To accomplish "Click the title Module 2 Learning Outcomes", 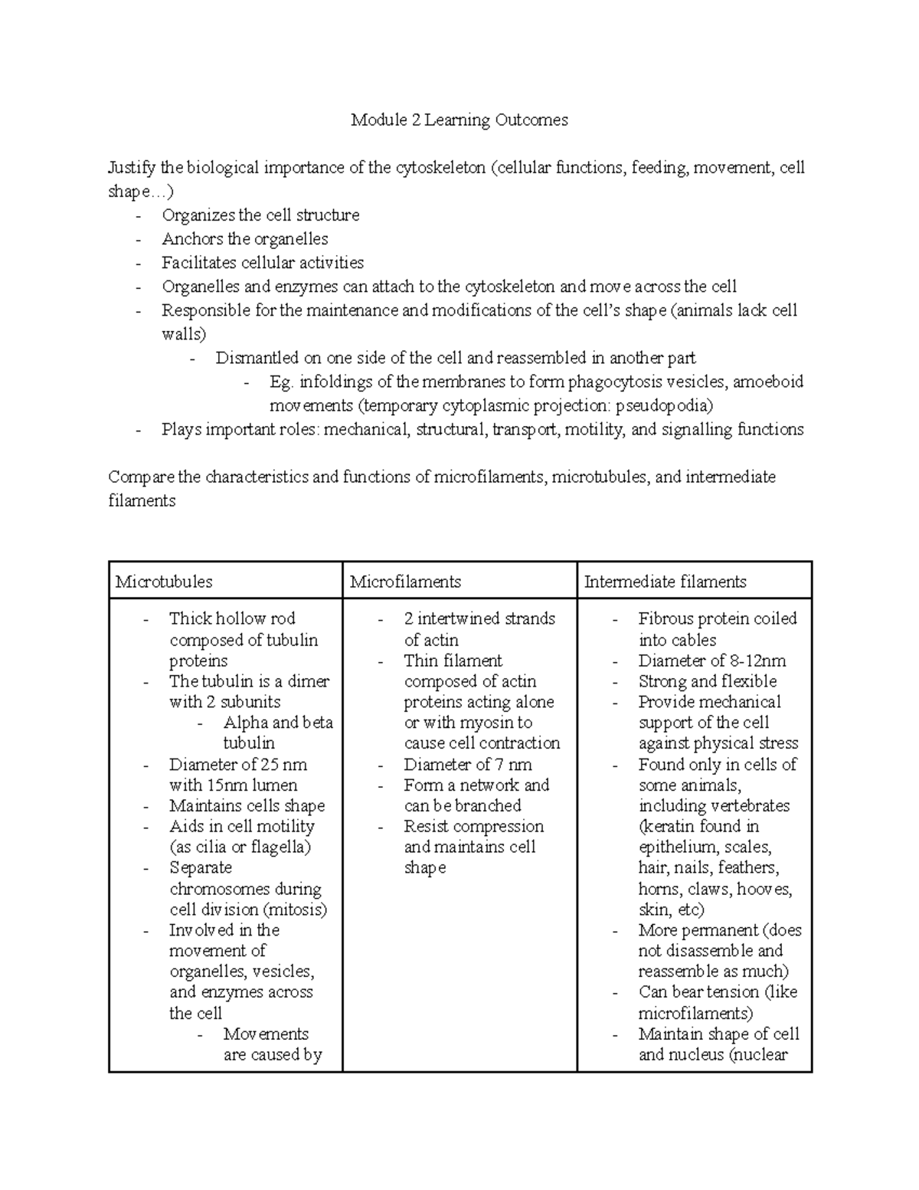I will pos(459,120).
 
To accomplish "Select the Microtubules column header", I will pos(164,582).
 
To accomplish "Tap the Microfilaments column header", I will pos(405,582).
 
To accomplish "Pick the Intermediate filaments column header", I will pos(665,582).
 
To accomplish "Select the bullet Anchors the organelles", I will pos(245,239).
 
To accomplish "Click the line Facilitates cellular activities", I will pos(263,263).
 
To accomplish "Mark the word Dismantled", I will pos(257,358).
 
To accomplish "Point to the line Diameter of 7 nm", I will pos(467,765).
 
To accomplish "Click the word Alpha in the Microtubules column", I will pos(245,723).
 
